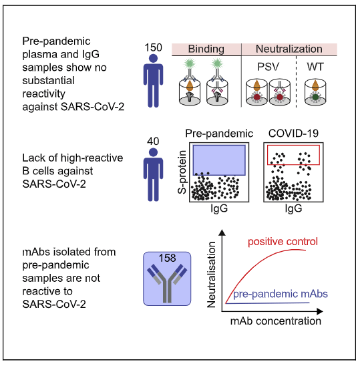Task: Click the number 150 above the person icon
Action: point(153,47)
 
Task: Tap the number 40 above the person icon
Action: point(153,142)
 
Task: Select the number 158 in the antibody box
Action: point(167,258)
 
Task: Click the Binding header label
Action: point(206,49)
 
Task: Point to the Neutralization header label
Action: point(289,49)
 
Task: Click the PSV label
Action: point(268,67)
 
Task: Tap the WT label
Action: point(315,67)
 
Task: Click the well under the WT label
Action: point(315,92)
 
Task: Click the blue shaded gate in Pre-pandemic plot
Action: point(219,160)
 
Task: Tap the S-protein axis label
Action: point(182,172)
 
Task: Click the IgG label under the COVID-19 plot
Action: point(293,208)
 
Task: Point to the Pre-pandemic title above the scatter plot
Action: point(219,134)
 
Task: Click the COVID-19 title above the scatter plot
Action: point(293,134)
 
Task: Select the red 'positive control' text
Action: point(283,242)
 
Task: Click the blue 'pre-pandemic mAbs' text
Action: point(281,294)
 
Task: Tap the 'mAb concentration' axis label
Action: point(276,321)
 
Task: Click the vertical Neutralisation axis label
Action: point(211,274)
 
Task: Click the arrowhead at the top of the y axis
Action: point(222,232)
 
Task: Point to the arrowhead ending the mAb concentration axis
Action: point(320,311)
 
